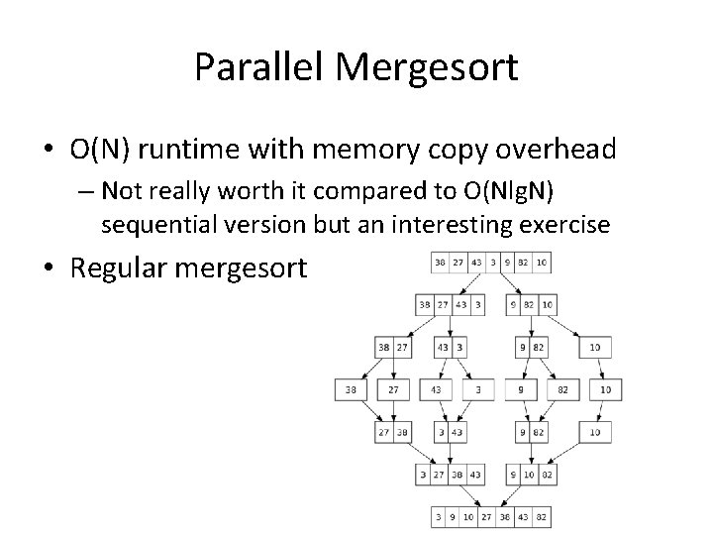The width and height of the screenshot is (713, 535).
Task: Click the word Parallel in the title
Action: [259, 67]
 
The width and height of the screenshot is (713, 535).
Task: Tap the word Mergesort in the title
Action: [425, 67]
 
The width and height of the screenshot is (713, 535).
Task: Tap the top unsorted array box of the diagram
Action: [491, 263]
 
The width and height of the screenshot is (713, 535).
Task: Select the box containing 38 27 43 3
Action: [452, 305]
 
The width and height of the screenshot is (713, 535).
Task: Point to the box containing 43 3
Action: [452, 348]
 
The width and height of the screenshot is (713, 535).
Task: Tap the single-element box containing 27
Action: [394, 390]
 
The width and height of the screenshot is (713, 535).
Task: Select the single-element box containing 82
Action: [562, 390]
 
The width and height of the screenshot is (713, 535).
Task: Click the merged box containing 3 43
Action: [452, 432]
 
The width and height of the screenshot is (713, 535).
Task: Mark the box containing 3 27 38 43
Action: [452, 475]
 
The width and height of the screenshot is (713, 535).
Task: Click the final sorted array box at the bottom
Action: [491, 516]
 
